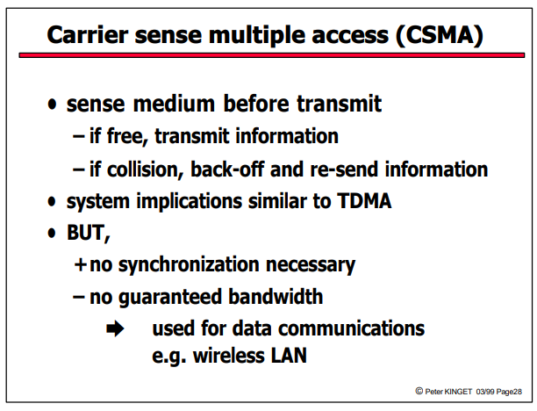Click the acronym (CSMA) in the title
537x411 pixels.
pyautogui.click(x=440, y=35)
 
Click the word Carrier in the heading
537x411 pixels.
pyautogui.click(x=88, y=35)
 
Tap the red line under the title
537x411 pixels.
pyautogui.click(x=272, y=55)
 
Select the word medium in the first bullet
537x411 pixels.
pyautogui.click(x=174, y=104)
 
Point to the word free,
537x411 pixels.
pyautogui.click(x=127, y=136)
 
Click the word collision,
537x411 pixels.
pyautogui.click(x=145, y=169)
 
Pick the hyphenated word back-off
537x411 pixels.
pyautogui.click(x=227, y=169)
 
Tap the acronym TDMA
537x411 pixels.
pyautogui.click(x=364, y=201)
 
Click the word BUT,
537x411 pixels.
pyautogui.click(x=89, y=233)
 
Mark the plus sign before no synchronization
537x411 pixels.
pyautogui.click(x=80, y=264)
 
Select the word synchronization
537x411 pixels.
pyautogui.click(x=189, y=265)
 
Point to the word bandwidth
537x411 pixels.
pyautogui.click(x=276, y=297)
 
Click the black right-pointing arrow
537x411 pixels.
pyautogui.click(x=115, y=328)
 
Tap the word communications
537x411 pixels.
pyautogui.click(x=351, y=328)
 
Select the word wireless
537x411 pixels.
pyautogui.click(x=229, y=356)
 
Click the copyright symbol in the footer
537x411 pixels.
pyautogui.click(x=419, y=391)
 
